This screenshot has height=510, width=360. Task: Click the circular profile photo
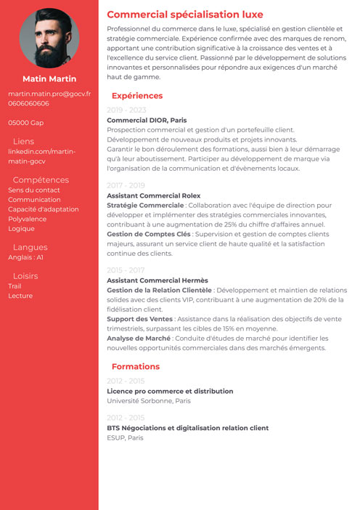pyautogui.click(x=49, y=39)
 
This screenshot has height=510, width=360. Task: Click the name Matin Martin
pyautogui.click(x=49, y=78)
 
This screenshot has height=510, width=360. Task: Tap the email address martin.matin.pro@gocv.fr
pyautogui.click(x=49, y=94)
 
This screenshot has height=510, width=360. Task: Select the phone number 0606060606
pyautogui.click(x=29, y=103)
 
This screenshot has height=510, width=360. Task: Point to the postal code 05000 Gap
pyautogui.click(x=26, y=123)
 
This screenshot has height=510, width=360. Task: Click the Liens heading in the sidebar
pyautogui.click(x=23, y=142)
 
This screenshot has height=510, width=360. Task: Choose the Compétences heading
pyautogui.click(x=41, y=180)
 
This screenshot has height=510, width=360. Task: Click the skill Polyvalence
pyautogui.click(x=28, y=219)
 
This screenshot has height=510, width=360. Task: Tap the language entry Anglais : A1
pyautogui.click(x=26, y=257)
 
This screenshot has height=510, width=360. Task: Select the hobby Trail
pyautogui.click(x=15, y=286)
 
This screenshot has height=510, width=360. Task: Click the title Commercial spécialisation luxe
pyautogui.click(x=185, y=15)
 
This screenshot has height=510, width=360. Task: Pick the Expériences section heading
pyautogui.click(x=137, y=96)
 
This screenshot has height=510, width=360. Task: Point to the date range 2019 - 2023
pyautogui.click(x=126, y=110)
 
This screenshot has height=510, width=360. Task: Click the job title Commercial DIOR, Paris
pyautogui.click(x=147, y=120)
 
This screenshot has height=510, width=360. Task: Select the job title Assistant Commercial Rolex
pyautogui.click(x=153, y=195)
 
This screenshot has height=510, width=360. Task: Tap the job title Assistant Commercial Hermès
pyautogui.click(x=157, y=280)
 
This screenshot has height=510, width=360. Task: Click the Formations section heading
pyautogui.click(x=136, y=367)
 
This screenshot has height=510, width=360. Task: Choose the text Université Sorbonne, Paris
pyautogui.click(x=149, y=400)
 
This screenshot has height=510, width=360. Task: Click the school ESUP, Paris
pyautogui.click(x=126, y=438)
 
